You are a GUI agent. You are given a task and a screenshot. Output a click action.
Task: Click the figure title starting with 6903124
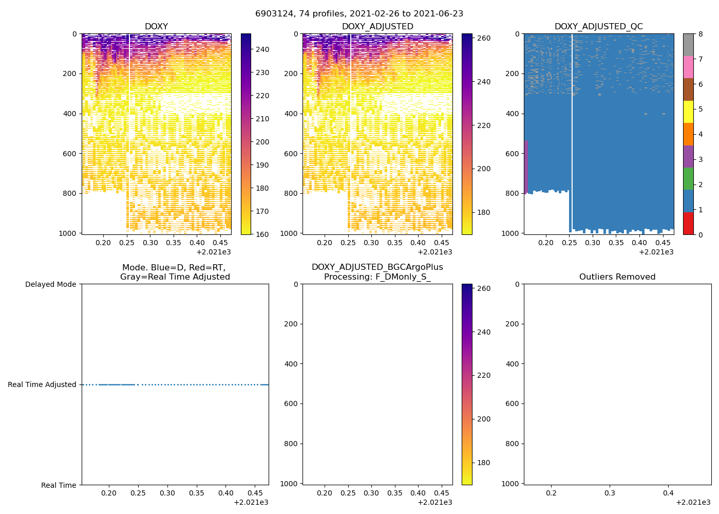(359, 14)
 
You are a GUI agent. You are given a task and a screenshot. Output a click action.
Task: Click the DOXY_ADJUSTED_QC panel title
(598, 27)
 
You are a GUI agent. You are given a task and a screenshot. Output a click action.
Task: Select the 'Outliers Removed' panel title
(617, 277)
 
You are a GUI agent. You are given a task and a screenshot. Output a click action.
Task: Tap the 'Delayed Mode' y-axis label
(50, 284)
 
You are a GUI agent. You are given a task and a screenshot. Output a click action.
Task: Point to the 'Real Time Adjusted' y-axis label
(42, 384)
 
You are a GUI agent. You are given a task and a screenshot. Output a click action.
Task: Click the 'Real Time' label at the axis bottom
(59, 485)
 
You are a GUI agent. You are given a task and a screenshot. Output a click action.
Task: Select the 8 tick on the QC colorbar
(700, 34)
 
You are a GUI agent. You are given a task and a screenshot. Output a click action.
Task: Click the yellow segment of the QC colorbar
(688, 112)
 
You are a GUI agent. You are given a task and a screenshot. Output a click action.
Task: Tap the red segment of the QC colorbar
(688, 224)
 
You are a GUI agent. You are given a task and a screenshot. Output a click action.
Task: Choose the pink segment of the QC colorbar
(688, 67)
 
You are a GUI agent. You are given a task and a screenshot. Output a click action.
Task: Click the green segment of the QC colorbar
(688, 179)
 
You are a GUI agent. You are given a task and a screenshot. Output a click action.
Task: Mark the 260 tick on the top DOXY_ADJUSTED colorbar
(484, 39)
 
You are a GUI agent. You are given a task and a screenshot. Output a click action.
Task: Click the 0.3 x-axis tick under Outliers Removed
(610, 493)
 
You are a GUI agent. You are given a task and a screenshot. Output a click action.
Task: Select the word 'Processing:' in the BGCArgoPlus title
(347, 277)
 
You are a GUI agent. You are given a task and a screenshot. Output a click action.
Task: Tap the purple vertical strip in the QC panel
(526, 167)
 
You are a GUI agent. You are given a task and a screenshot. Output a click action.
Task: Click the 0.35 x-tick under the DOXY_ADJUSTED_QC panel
(616, 243)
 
